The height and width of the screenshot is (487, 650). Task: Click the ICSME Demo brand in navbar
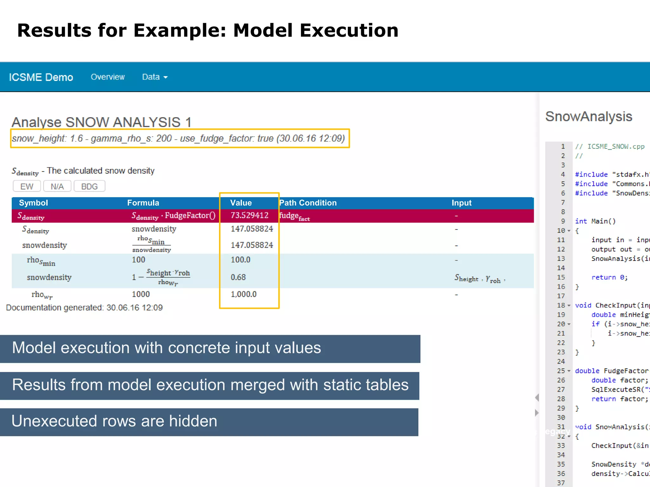[41, 77]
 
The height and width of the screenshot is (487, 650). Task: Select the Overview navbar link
[108, 77]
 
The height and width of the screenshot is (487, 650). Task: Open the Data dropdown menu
[155, 77]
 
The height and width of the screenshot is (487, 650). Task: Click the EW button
[27, 186]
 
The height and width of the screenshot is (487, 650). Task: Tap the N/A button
[57, 186]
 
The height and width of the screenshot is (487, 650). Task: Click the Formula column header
[143, 203]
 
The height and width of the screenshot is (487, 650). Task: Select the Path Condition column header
[308, 203]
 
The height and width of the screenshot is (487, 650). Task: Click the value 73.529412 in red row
[249, 216]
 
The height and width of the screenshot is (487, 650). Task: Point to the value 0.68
[238, 277]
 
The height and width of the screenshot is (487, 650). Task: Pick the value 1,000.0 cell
[243, 294]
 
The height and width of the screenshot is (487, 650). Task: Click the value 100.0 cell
[240, 260]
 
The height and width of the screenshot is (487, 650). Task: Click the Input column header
[461, 203]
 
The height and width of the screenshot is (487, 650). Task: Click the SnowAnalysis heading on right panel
[588, 117]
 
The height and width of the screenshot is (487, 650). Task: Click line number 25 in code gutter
[561, 371]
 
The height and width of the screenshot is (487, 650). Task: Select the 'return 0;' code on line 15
[609, 277]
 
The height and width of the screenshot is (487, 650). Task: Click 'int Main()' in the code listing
[595, 221]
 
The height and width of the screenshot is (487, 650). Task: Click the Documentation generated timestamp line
[84, 308]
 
